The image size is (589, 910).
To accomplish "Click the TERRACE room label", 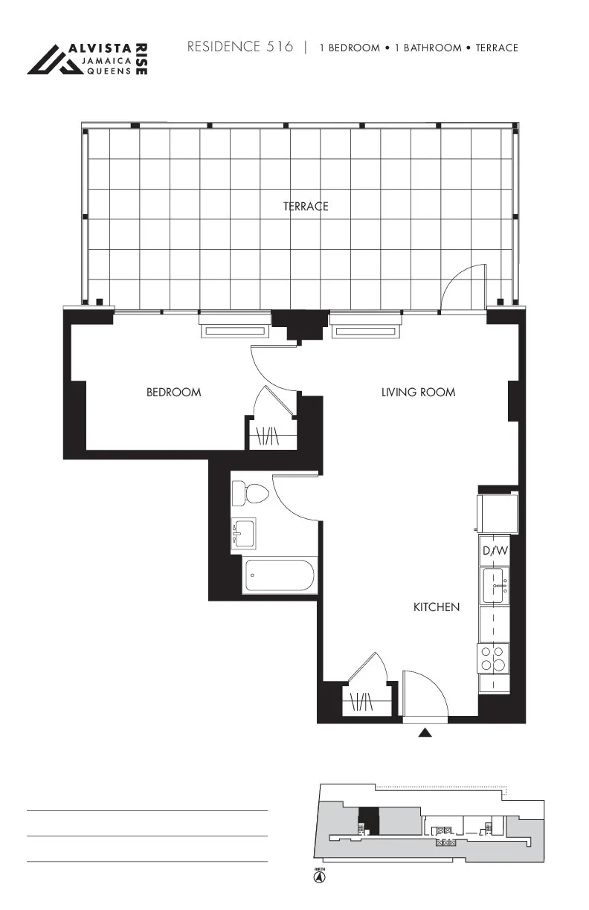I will point(305,207).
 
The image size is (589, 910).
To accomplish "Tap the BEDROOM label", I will point(173,392).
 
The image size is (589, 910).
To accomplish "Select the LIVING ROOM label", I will point(418,392).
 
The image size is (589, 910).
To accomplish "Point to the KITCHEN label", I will point(436,607).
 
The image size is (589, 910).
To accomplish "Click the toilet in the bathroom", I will point(250,493).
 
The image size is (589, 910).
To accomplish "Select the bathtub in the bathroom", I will point(279,575).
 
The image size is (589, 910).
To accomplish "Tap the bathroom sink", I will point(243,533).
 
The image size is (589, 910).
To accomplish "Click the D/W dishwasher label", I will point(495,551).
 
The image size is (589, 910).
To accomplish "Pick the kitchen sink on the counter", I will point(495,586).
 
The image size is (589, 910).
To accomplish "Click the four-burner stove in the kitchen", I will point(493,658).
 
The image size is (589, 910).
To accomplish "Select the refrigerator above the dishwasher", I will point(498,512).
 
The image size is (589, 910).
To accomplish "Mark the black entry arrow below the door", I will point(425,732).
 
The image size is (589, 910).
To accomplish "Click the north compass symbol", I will point(319,877).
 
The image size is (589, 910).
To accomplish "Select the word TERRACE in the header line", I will point(497,48).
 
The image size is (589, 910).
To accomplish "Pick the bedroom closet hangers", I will point(267,435).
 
